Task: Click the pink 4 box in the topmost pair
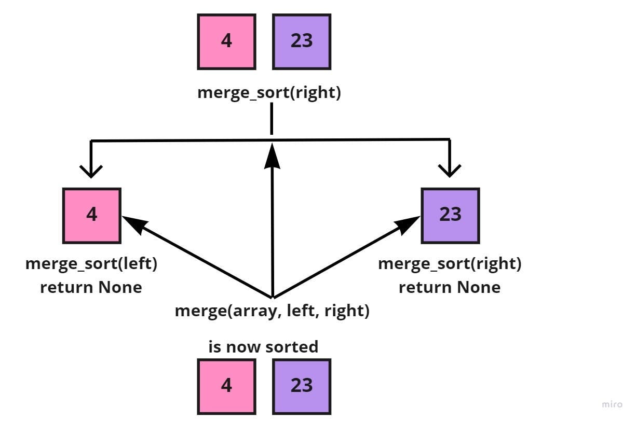[226, 41]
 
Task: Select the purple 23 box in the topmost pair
[302, 41]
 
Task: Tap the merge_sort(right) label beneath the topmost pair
[269, 94]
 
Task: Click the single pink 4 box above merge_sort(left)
[92, 215]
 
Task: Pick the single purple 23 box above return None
[450, 215]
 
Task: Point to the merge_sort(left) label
[91, 264]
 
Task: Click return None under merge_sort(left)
[91, 287]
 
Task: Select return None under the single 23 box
[450, 287]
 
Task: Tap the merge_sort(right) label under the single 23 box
[450, 264]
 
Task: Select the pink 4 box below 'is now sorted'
[226, 387]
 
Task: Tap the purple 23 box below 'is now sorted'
[302, 387]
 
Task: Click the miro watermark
[612, 404]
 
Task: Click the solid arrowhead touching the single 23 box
[410, 223]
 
